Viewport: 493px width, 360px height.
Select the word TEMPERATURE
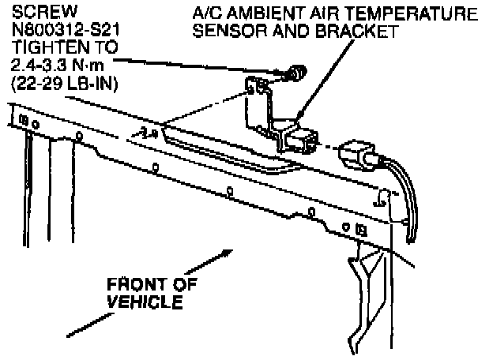point(410,13)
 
